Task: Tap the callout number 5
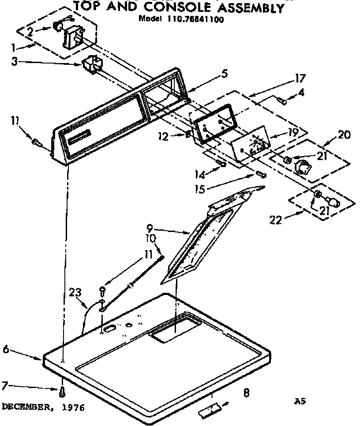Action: pyautogui.click(x=225, y=74)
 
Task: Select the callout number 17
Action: pyautogui.click(x=300, y=80)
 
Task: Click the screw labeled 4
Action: pyautogui.click(x=284, y=101)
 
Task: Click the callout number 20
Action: pyautogui.click(x=344, y=135)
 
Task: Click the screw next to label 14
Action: pyautogui.click(x=222, y=164)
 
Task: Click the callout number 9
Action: pyautogui.click(x=150, y=228)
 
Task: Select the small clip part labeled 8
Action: pyautogui.click(x=209, y=411)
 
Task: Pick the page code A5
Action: pyautogui.click(x=300, y=401)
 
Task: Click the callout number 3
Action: pyautogui.click(x=14, y=62)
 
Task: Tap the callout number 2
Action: pyautogui.click(x=29, y=31)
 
